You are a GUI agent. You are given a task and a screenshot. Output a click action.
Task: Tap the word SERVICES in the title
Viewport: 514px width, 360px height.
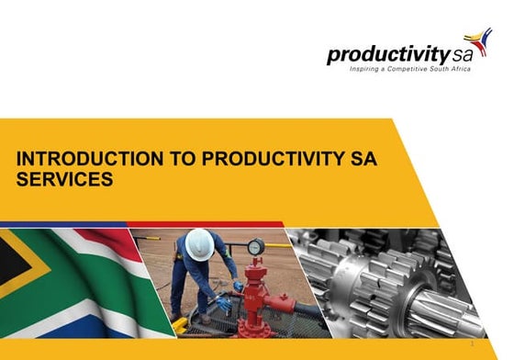pyautogui.click(x=64, y=179)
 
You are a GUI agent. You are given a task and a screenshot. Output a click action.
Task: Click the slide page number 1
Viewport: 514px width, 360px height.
pyautogui.click(x=497, y=345)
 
